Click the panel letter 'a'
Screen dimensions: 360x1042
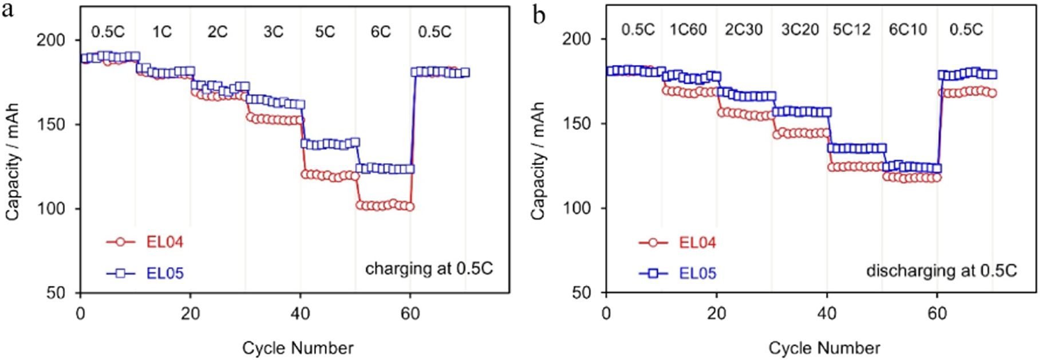(x=8, y=11)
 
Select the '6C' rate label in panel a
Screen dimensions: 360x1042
(x=380, y=31)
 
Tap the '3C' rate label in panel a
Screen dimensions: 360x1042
(x=273, y=31)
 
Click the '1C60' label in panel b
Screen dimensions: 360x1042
(x=688, y=30)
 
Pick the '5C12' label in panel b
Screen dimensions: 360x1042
(x=852, y=30)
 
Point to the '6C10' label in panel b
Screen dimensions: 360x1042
(x=908, y=30)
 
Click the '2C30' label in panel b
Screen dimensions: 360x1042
(x=744, y=30)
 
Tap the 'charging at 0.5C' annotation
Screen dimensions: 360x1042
(x=429, y=268)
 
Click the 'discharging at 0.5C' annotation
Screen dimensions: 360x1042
(x=941, y=270)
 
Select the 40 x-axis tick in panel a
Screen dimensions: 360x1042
(x=300, y=314)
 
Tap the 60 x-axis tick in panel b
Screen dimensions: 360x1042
(x=937, y=314)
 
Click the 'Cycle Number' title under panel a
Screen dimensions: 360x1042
(x=298, y=347)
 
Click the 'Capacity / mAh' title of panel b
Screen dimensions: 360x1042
(x=538, y=161)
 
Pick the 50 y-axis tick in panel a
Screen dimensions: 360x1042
(x=56, y=293)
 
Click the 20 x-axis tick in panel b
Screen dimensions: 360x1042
(x=716, y=314)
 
